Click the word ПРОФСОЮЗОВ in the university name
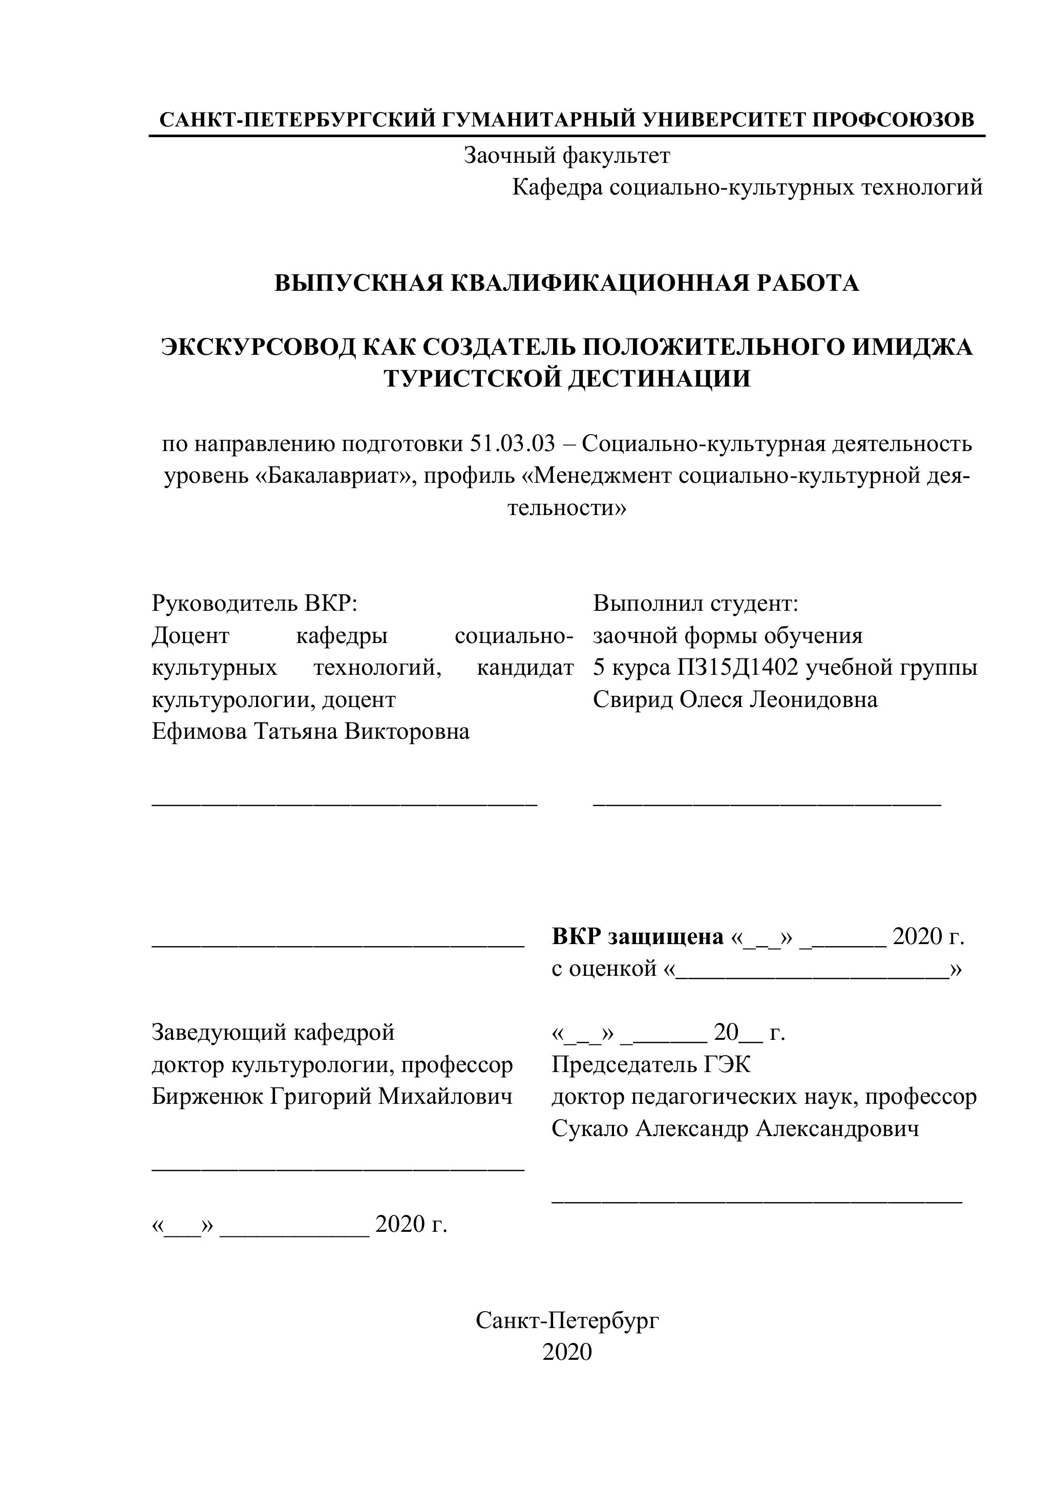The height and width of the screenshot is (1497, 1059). click(894, 120)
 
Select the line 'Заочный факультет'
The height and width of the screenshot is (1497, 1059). click(567, 155)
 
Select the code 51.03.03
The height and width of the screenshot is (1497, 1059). click(512, 444)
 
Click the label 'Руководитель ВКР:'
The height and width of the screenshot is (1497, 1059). click(255, 603)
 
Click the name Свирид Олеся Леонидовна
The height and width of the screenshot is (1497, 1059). click(735, 699)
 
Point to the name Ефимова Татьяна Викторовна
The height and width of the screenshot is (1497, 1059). click(310, 732)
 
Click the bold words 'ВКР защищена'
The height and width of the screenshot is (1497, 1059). click(637, 937)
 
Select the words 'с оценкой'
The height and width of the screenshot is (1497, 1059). click(603, 969)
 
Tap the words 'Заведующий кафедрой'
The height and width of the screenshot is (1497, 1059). click(273, 1032)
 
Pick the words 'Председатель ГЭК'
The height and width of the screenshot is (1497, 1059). click(651, 1064)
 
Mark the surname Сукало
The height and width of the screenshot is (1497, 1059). click(589, 1128)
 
